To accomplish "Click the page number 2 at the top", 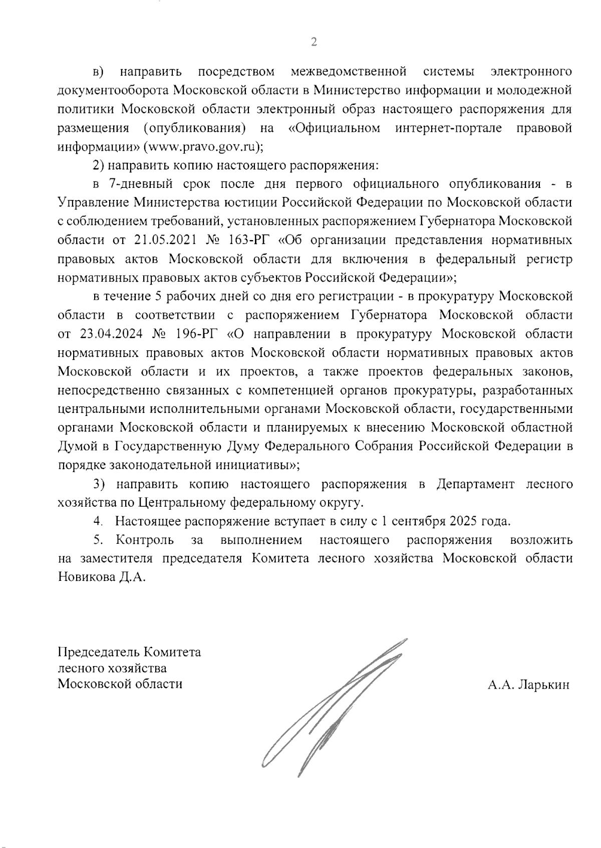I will click(x=314, y=42).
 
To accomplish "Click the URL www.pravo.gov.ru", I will click(x=202, y=147).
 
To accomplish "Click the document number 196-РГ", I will click(x=196, y=334).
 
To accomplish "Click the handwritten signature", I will click(x=331, y=707).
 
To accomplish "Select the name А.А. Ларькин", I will click(x=529, y=685).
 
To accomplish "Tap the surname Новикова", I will click(x=86, y=577).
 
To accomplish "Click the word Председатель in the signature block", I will click(x=99, y=653).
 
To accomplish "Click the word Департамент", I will click(x=475, y=484).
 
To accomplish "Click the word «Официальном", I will click(x=335, y=128).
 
